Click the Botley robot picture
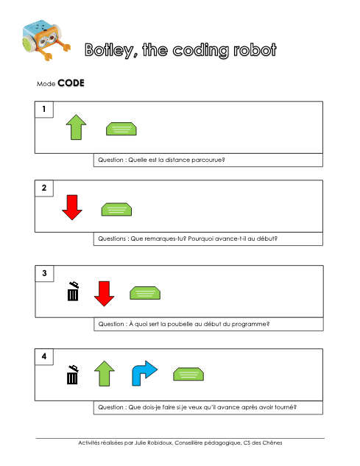(46, 40)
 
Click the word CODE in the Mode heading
(71, 83)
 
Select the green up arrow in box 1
(76, 127)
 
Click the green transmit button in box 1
(121, 129)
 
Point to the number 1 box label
(44, 110)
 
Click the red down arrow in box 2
(72, 208)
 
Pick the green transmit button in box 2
(116, 209)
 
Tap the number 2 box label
(44, 188)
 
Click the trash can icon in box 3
(73, 292)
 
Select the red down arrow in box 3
(104, 294)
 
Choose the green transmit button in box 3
(145, 293)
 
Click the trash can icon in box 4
(73, 375)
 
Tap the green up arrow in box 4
(105, 373)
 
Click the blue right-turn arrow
(144, 373)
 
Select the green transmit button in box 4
(188, 374)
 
